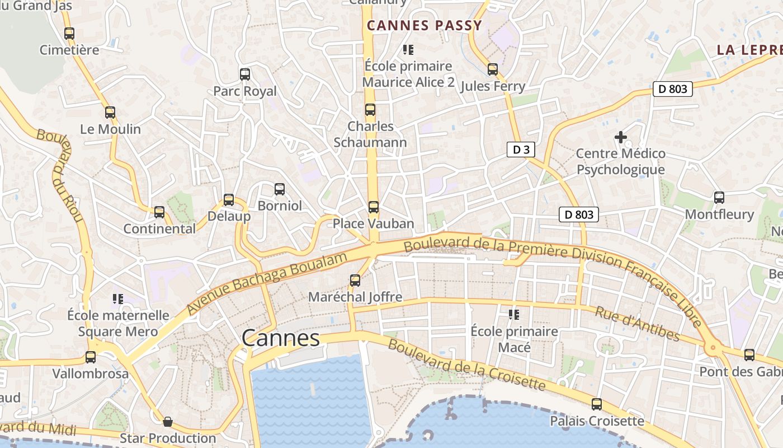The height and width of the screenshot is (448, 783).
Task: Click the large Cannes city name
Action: (281, 338)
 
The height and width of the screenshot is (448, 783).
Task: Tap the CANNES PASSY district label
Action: (424, 25)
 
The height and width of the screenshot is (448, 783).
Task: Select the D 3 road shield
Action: (521, 150)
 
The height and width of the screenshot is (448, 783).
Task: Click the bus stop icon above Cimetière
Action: (69, 34)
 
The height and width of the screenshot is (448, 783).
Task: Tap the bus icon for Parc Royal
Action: (244, 74)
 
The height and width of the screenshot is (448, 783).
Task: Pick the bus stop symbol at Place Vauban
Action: (373, 207)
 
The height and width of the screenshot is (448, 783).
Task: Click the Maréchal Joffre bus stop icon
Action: (355, 281)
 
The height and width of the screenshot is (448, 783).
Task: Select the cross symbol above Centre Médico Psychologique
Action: (620, 137)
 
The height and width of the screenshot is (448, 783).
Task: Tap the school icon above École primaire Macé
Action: (514, 315)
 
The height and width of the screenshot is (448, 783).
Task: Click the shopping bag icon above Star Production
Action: (167, 422)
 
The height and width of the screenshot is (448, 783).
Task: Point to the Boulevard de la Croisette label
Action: (466, 365)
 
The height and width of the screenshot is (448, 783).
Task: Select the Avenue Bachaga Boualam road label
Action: (267, 282)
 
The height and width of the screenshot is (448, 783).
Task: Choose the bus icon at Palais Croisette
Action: (597, 404)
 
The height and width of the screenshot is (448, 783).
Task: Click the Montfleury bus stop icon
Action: (719, 198)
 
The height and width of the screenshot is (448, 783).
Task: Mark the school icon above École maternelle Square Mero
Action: (117, 299)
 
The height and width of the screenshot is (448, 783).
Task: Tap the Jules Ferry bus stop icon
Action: (492, 69)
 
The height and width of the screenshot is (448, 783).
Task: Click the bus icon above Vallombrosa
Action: (90, 357)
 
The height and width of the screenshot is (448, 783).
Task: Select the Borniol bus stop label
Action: (280, 206)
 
